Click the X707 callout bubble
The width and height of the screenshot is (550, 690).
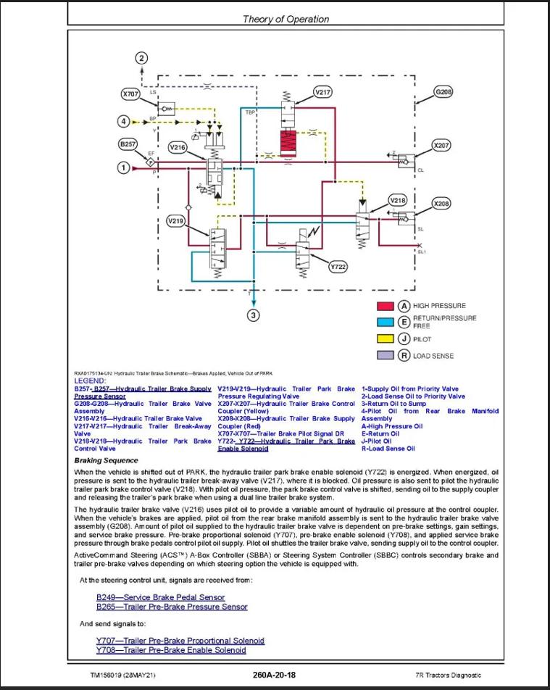130,93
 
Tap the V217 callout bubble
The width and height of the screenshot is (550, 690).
322,92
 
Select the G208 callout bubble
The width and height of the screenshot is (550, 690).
443,92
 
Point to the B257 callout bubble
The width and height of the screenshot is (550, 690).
128,144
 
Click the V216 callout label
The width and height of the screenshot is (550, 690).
178,146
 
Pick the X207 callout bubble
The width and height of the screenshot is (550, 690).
441,145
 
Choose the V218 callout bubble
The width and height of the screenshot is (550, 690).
398,199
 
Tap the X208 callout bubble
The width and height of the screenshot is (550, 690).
441,204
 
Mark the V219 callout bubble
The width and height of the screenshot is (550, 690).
176,220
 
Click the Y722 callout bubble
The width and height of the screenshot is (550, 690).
338,267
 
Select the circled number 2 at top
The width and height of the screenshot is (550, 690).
142,58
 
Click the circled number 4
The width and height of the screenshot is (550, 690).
124,121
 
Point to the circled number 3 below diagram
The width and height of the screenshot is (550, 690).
253,315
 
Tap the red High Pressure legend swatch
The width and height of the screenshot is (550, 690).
385,306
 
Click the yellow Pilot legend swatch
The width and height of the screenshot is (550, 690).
385,338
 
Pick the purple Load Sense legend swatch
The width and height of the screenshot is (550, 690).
385,355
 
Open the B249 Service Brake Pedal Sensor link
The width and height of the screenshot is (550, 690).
161,597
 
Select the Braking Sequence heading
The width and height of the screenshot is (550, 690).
106,461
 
